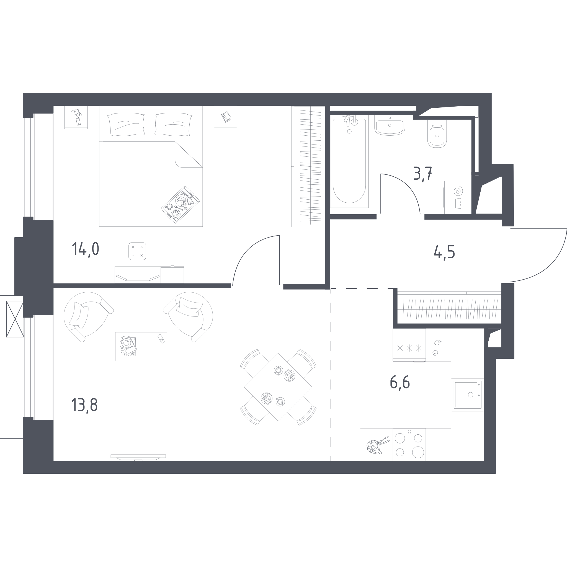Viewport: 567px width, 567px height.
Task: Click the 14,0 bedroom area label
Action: (85, 249)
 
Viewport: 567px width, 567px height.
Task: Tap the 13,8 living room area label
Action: (84, 405)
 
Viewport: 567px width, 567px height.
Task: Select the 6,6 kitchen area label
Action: (400, 383)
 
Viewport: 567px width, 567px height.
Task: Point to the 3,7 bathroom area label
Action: (422, 174)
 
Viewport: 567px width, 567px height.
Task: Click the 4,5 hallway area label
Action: (444, 252)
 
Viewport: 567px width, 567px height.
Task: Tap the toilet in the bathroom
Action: (437, 133)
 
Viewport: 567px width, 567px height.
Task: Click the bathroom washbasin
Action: (390, 125)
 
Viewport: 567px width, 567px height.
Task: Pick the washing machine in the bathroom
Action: (458, 197)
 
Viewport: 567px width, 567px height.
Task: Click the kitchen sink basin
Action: (468, 395)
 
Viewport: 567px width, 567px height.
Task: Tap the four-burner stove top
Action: (409, 445)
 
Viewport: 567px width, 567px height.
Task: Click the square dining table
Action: (278, 387)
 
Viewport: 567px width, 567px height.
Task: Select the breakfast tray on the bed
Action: (180, 205)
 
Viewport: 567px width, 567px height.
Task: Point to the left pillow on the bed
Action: (126, 124)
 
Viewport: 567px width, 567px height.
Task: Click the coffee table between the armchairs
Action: (141, 347)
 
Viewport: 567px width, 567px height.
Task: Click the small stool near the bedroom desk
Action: (137, 251)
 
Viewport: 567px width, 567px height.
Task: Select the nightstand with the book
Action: (225, 117)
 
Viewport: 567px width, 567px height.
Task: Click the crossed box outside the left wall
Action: (15, 319)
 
